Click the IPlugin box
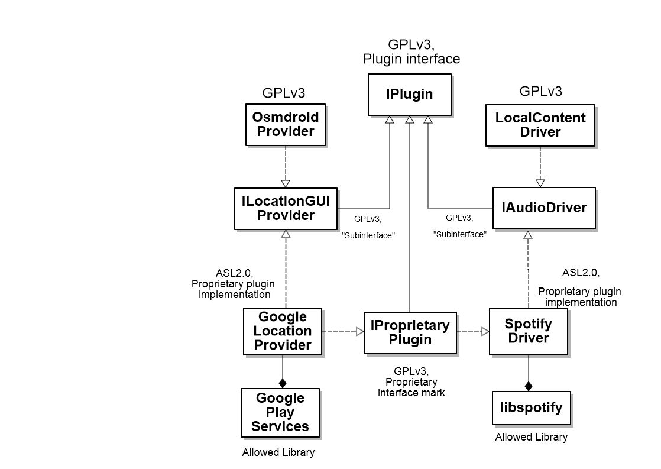[x=410, y=95]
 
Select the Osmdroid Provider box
[x=286, y=125]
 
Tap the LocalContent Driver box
[x=540, y=125]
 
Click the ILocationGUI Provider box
[x=286, y=209]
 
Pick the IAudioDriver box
[x=544, y=208]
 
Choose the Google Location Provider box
[x=283, y=331]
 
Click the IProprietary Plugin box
[x=410, y=333]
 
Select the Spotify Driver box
[x=529, y=332]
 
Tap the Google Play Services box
[x=280, y=412]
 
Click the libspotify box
[x=532, y=408]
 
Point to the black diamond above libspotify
[x=528, y=386]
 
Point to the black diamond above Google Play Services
[x=283, y=383]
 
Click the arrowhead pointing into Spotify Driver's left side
[x=485, y=332]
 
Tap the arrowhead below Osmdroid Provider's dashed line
[x=286, y=184]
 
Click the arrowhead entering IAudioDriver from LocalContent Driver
[x=540, y=183]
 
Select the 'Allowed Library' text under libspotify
[x=531, y=437]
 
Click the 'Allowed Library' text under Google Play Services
[x=278, y=452]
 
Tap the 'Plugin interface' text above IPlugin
[x=411, y=59]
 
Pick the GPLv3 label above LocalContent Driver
[x=541, y=91]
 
